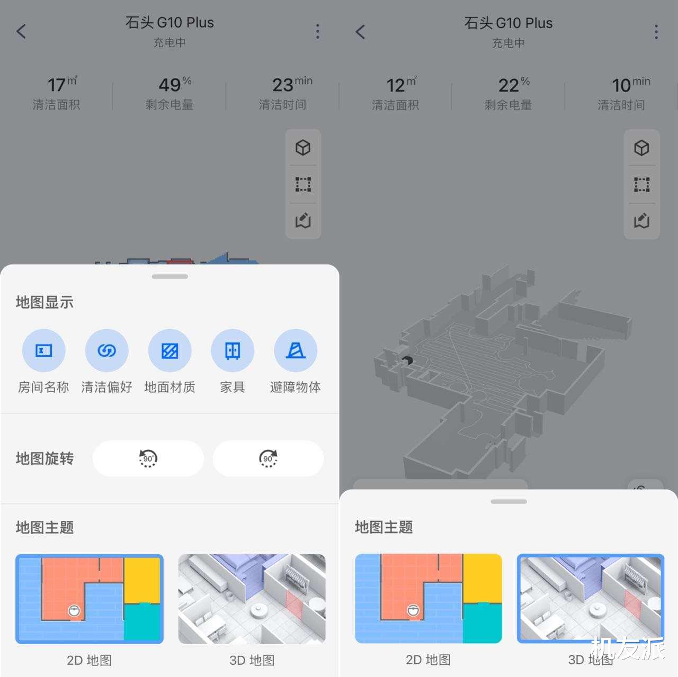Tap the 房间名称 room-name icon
(x=43, y=350)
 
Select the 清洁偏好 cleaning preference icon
(x=106, y=350)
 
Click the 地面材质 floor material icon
(x=169, y=350)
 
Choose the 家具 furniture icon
(x=233, y=350)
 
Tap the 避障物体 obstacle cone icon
(x=296, y=350)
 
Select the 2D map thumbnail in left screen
(x=90, y=599)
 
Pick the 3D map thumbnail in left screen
(x=252, y=599)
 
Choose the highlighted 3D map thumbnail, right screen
(x=590, y=598)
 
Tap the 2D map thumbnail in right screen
(x=428, y=598)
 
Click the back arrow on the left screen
(x=21, y=31)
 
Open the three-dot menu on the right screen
(x=656, y=32)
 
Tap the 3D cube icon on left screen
(x=303, y=147)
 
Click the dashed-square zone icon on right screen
(x=641, y=185)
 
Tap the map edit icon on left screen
(x=303, y=220)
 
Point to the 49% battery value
(x=175, y=84)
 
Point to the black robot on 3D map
(x=407, y=360)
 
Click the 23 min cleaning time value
(x=291, y=84)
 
